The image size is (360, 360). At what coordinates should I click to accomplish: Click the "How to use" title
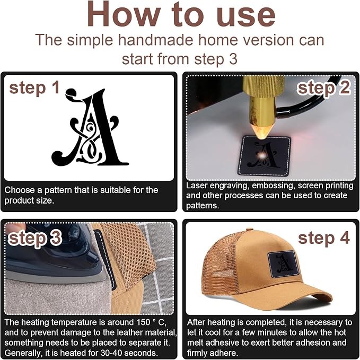(181, 14)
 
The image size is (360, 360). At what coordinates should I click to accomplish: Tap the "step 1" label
(34, 88)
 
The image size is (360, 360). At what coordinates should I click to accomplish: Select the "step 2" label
(324, 88)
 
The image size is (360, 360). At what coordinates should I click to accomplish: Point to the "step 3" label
(35, 238)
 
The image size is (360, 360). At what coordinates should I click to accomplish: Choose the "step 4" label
(324, 238)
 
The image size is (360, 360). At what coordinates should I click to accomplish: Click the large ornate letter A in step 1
(90, 127)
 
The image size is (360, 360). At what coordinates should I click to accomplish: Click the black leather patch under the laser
(265, 156)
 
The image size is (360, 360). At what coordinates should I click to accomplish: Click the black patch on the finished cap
(283, 264)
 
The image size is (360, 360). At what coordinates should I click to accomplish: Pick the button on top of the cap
(250, 229)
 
